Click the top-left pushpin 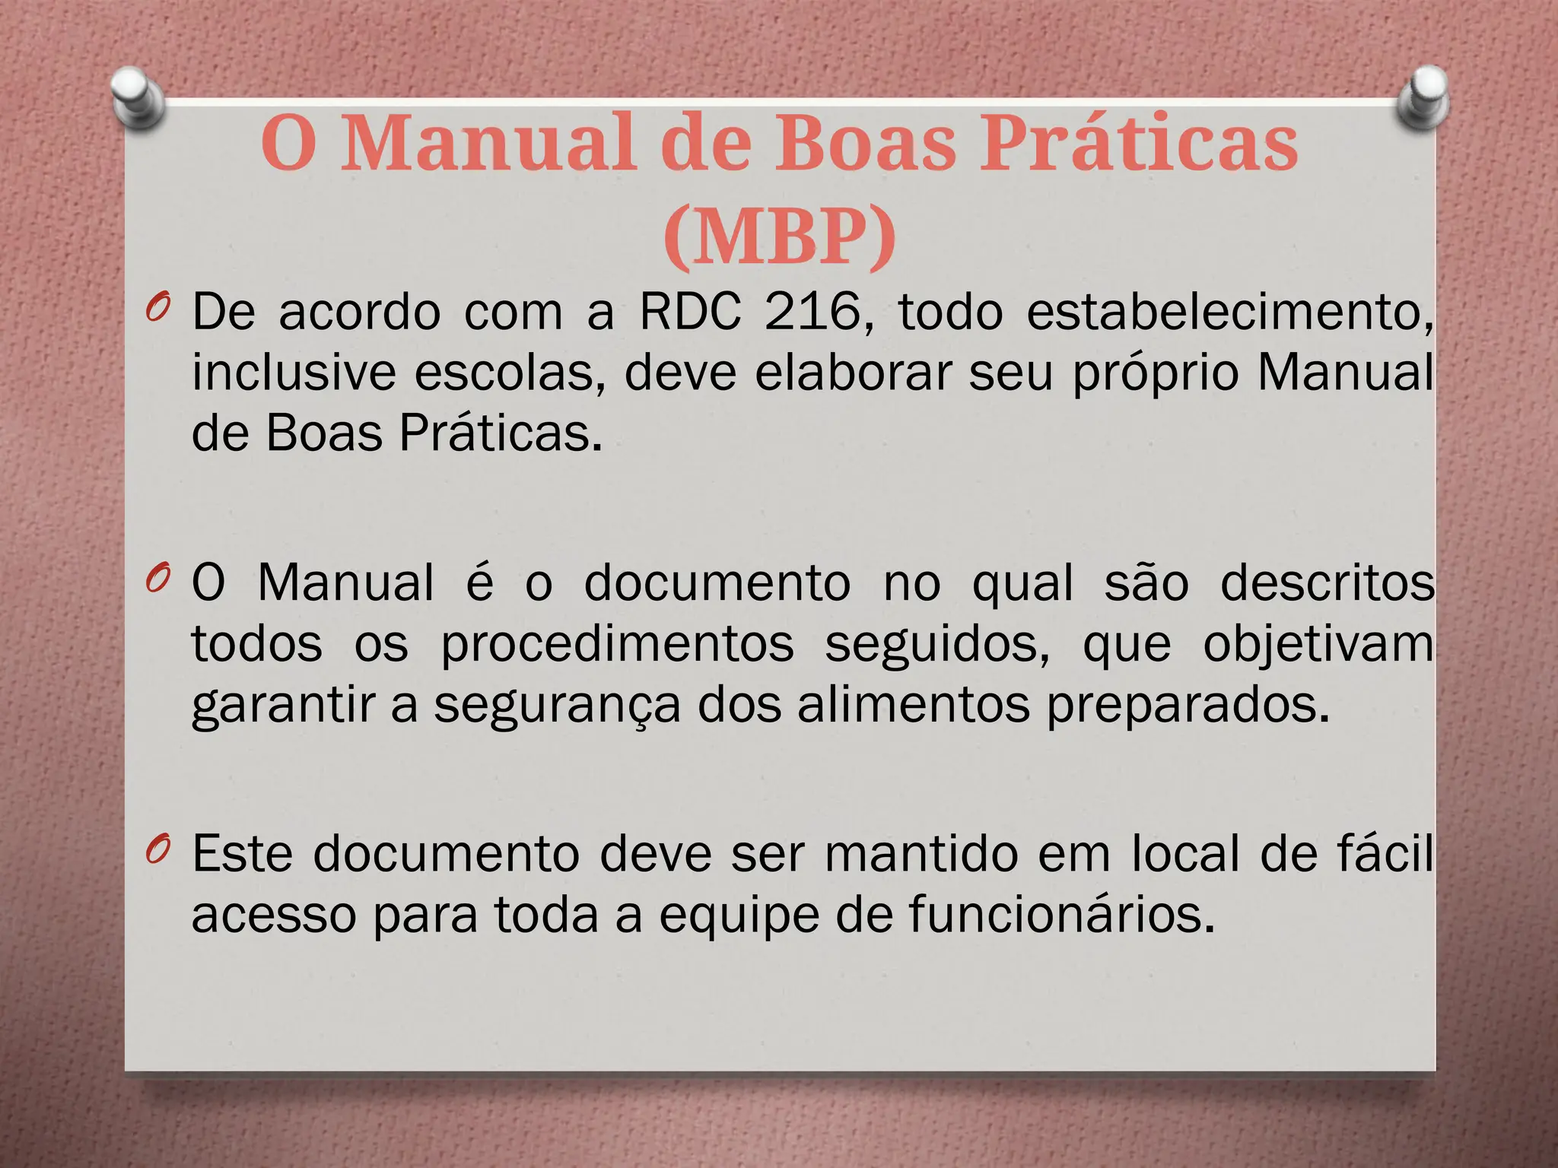click(x=138, y=97)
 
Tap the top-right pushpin click(x=1423, y=97)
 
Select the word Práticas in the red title click(x=1138, y=144)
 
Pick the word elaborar click(x=853, y=373)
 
